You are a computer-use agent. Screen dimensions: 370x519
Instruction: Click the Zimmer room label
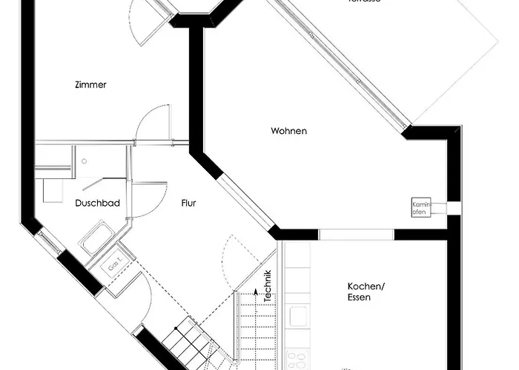pos(90,85)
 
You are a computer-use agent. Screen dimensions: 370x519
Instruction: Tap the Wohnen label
pos(288,131)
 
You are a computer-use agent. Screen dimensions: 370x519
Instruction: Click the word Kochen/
pos(365,286)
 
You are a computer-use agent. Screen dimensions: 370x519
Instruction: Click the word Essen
pos(360,298)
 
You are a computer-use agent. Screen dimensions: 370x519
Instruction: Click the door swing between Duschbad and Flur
pos(148,198)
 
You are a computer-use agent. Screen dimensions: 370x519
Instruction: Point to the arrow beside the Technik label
pos(257,293)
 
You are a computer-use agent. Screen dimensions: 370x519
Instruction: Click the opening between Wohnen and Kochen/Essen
pos(356,235)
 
